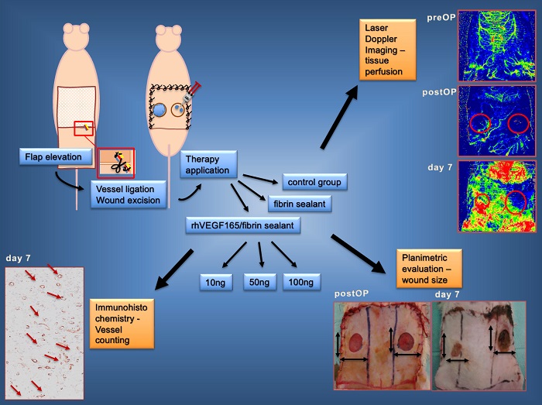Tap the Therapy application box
tap(208, 165)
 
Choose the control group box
tap(313, 183)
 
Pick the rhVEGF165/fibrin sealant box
tap(242, 226)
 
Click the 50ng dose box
tap(259, 283)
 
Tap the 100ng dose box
tap(301, 283)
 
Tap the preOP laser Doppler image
tap(496, 43)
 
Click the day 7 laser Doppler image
tap(496, 196)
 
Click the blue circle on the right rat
tap(159, 111)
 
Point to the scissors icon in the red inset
tap(118, 163)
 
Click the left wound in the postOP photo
tap(360, 342)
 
